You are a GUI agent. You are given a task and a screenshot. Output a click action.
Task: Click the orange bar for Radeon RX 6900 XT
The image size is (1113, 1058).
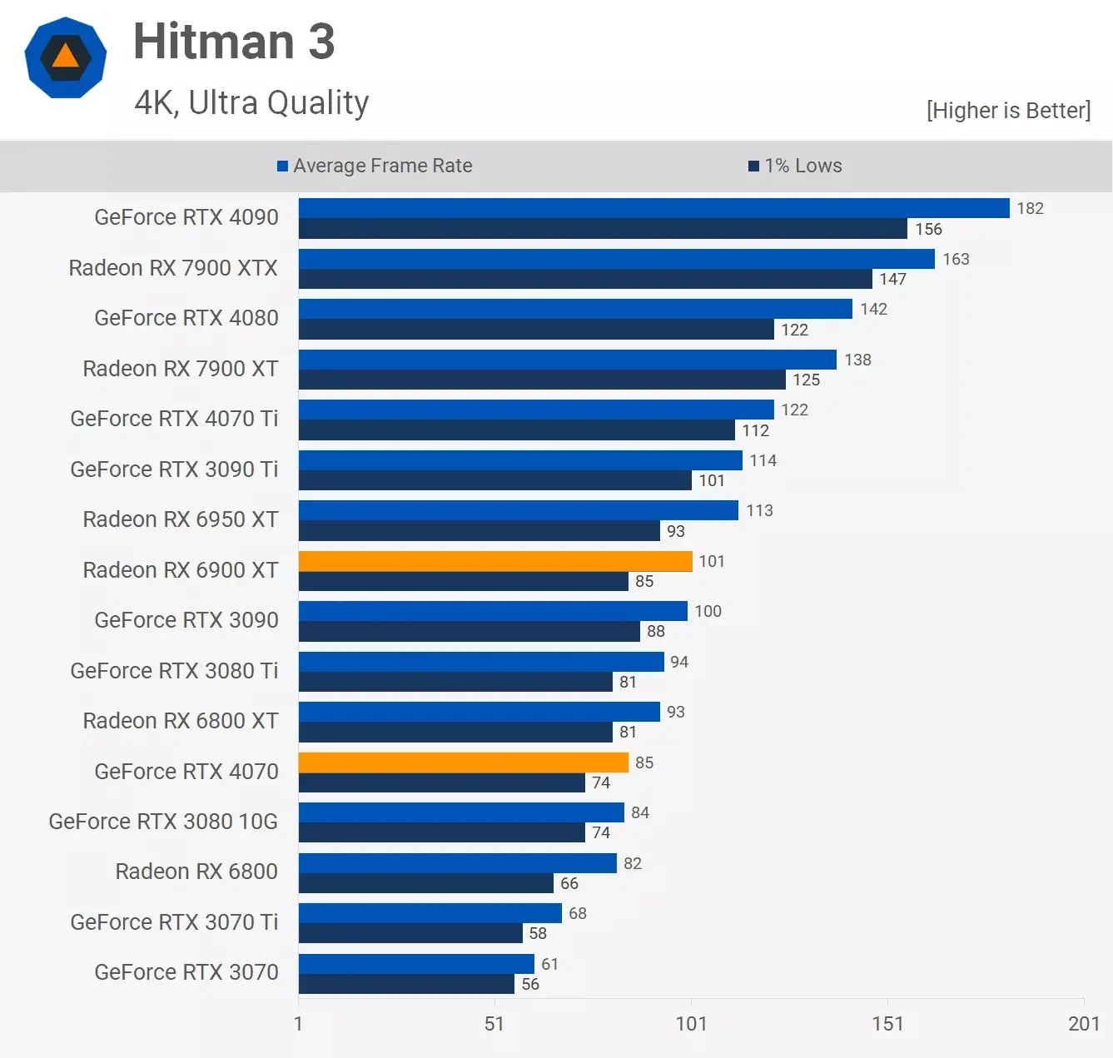(x=495, y=561)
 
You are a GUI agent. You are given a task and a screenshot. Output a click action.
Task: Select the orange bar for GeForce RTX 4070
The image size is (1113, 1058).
(x=463, y=762)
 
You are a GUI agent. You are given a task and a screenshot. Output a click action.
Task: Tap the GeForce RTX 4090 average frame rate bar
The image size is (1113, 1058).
(x=653, y=208)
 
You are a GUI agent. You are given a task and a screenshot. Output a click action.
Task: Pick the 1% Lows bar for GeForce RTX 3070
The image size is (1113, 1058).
(x=406, y=984)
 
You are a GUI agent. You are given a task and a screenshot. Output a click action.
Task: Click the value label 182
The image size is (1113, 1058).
(x=1030, y=208)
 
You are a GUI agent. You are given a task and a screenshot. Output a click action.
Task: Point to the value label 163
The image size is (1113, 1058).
(x=956, y=259)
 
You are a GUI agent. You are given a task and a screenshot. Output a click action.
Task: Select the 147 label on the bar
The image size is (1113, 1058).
(x=892, y=279)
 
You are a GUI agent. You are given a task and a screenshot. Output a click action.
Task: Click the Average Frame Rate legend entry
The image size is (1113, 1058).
(x=375, y=166)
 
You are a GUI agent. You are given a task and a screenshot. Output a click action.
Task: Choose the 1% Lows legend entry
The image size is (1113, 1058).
(x=795, y=166)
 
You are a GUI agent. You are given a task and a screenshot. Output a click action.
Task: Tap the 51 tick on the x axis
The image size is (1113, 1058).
(x=494, y=1023)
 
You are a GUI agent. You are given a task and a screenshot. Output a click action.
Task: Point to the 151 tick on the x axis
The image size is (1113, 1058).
(x=887, y=1023)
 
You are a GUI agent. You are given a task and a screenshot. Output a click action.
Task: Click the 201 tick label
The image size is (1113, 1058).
(x=1084, y=1023)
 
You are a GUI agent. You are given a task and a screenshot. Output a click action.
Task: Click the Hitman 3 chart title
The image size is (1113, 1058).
(x=234, y=42)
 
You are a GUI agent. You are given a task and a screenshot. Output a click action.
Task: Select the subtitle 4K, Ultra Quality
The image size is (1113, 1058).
(x=251, y=102)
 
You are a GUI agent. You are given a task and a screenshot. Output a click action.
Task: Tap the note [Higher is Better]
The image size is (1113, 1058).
(x=1008, y=111)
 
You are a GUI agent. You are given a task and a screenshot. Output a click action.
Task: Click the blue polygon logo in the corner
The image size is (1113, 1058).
(x=66, y=57)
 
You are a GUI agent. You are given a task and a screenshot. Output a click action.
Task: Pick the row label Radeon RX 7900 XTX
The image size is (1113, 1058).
(x=173, y=268)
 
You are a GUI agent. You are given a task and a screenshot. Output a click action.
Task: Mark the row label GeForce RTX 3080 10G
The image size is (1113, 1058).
(x=163, y=822)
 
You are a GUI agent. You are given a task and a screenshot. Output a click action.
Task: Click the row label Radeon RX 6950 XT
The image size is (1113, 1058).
(x=181, y=519)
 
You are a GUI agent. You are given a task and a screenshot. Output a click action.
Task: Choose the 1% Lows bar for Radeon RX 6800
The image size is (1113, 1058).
(x=425, y=883)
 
